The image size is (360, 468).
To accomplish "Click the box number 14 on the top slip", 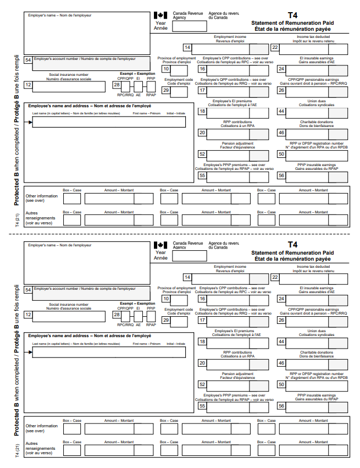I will click(x=187, y=48).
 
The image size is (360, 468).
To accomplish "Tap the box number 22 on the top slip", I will click(x=275, y=48).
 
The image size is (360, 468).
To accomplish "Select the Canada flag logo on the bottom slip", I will click(x=160, y=245).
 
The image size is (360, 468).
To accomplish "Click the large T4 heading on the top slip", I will click(x=293, y=16).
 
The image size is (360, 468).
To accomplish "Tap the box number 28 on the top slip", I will click(x=117, y=85).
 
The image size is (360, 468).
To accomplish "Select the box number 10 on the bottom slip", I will click(x=166, y=299).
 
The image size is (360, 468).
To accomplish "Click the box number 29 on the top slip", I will click(x=166, y=91).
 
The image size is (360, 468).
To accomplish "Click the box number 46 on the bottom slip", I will click(x=281, y=363).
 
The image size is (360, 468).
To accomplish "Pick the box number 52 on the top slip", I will click(x=202, y=155).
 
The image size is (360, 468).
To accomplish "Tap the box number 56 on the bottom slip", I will click(x=281, y=406).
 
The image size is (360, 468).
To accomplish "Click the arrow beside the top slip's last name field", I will click(x=30, y=122).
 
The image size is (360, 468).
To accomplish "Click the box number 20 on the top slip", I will click(x=202, y=133).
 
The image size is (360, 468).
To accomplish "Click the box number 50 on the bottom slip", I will click(x=281, y=384).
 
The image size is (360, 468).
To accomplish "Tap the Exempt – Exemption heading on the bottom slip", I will click(x=137, y=304).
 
